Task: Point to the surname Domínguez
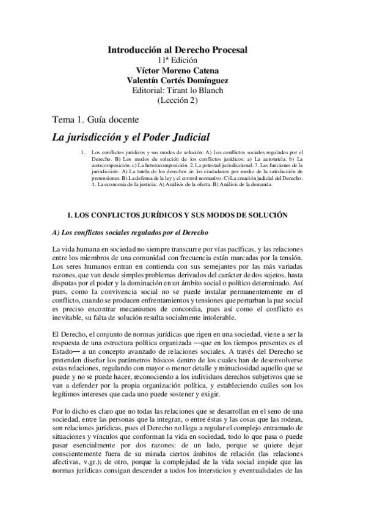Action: pyautogui.click(x=208, y=81)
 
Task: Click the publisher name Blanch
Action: pyautogui.click(x=211, y=91)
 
